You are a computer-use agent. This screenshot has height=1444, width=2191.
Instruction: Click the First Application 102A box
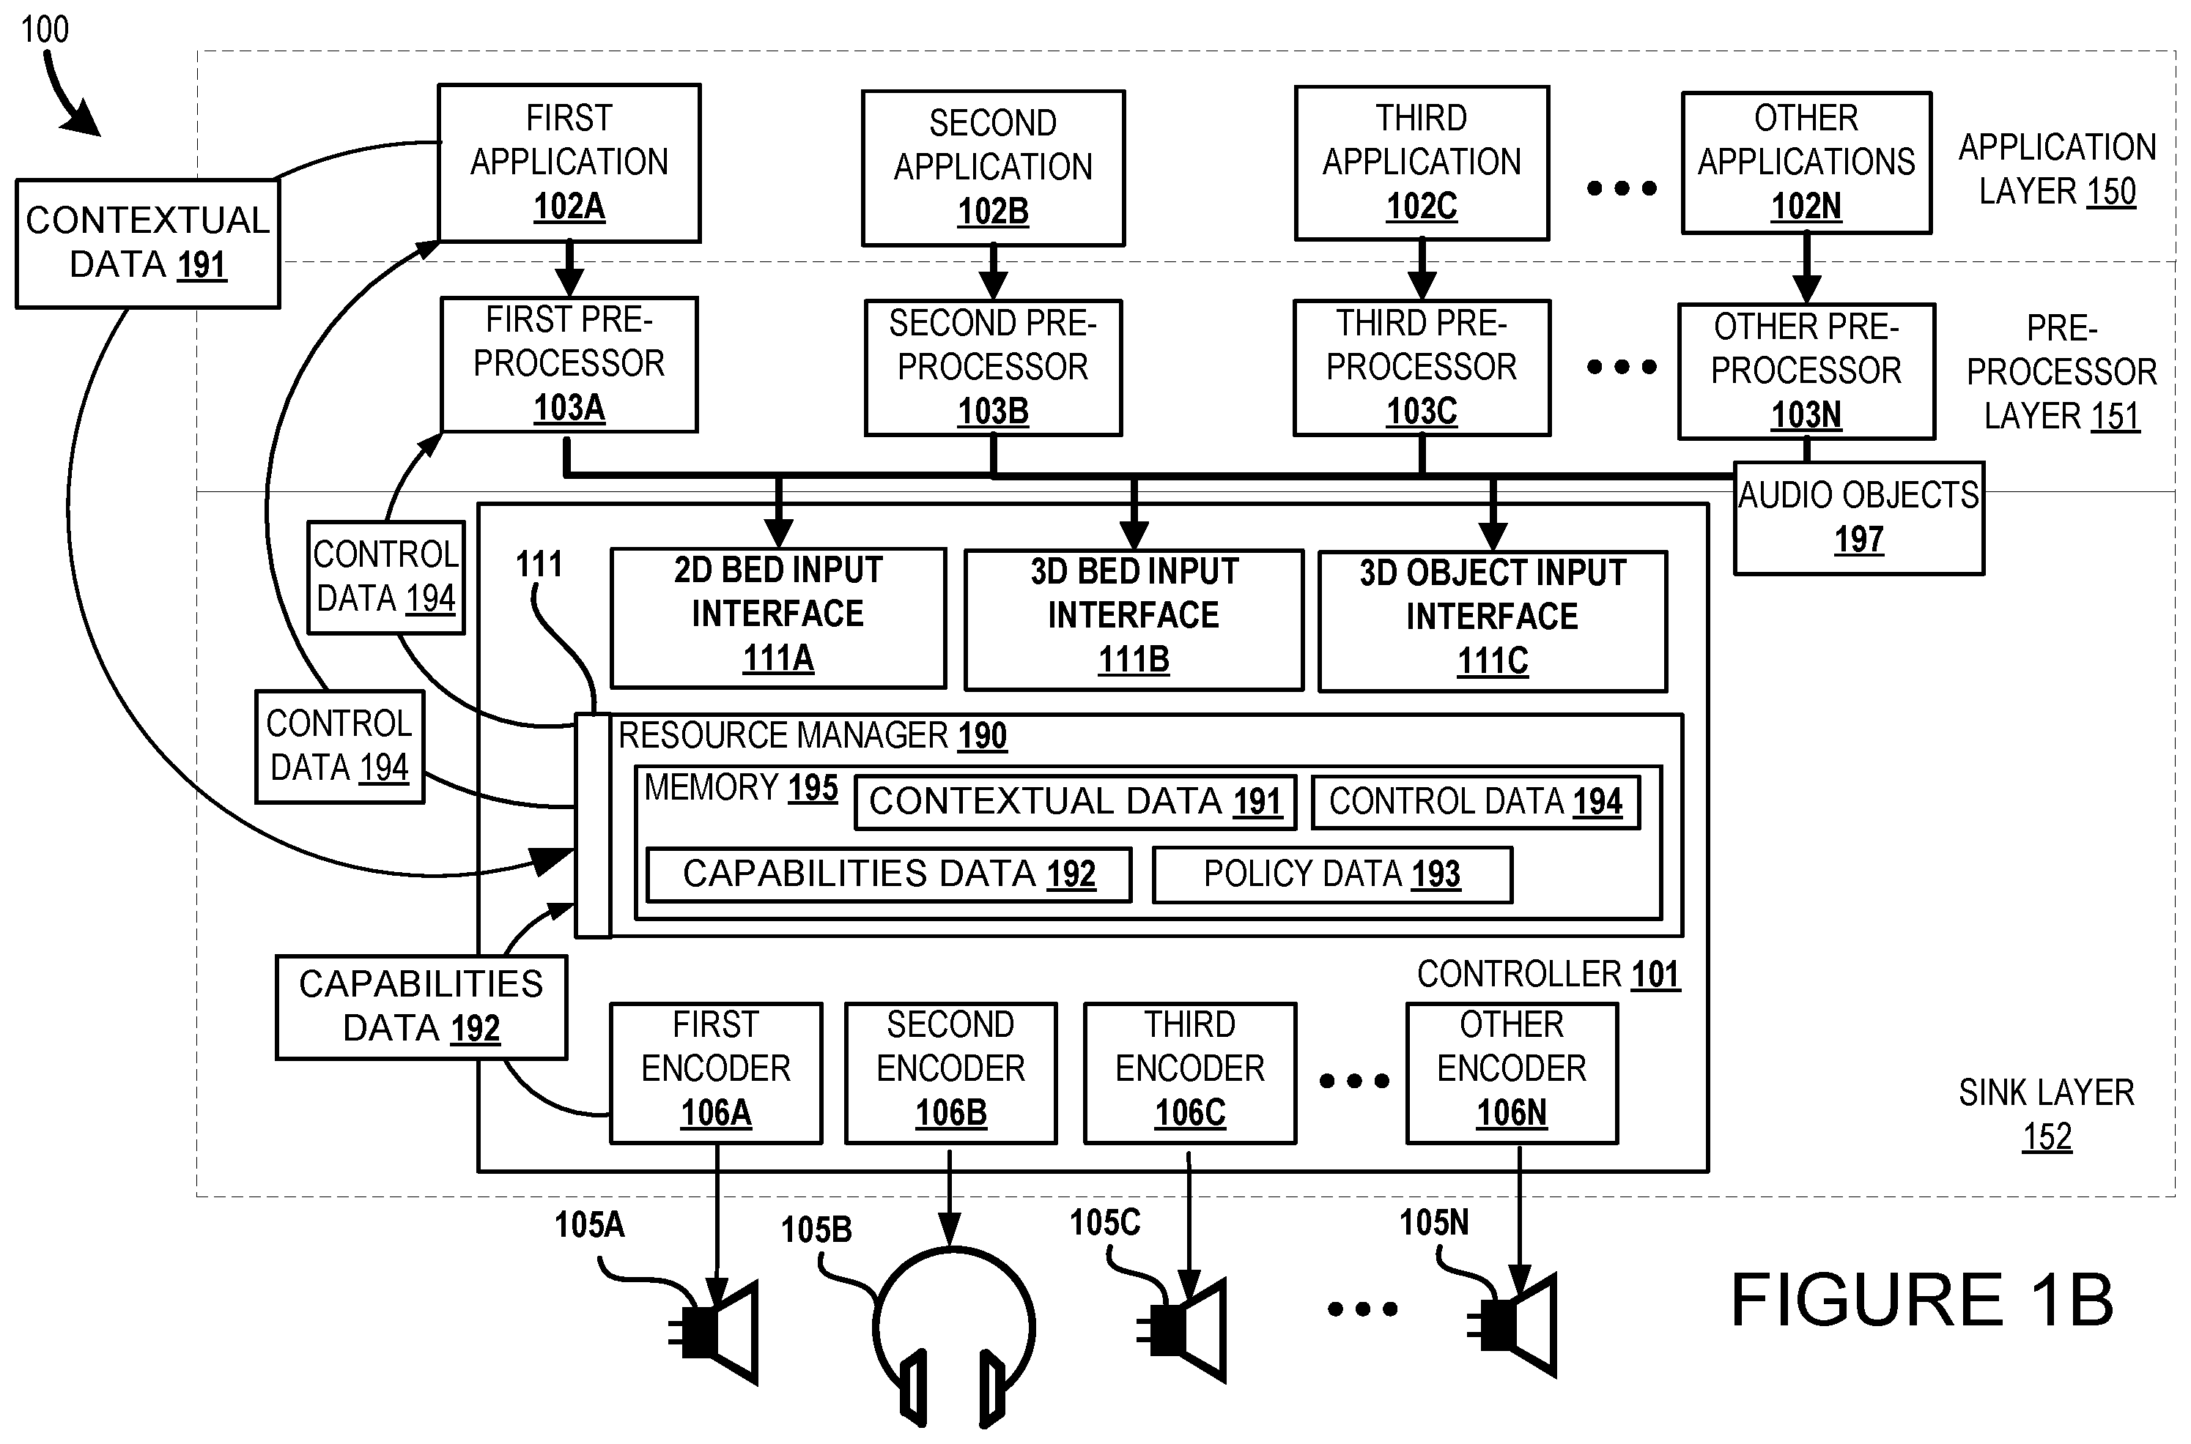coord(569,163)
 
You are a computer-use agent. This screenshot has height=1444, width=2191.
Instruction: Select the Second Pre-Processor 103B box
coord(992,368)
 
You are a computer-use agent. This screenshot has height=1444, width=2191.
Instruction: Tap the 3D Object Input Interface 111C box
coord(1492,619)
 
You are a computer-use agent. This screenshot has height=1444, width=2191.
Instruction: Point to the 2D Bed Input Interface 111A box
coord(777,617)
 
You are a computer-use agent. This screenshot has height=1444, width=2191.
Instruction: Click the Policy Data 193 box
coord(1331,874)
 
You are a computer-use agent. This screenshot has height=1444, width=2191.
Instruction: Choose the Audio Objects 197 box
coord(1858,518)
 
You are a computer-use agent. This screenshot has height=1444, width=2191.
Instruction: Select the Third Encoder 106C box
coord(1189,1072)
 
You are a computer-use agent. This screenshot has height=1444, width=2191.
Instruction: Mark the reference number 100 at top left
coord(44,31)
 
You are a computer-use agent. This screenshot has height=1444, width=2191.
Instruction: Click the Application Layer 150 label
coord(2056,169)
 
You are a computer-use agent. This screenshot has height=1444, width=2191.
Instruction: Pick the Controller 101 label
coord(1548,975)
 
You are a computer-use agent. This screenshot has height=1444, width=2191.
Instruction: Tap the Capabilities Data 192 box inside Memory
coord(888,874)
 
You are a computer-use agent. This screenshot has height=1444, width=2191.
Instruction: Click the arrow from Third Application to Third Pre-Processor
coord(1422,269)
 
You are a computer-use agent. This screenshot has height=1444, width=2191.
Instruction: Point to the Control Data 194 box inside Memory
coord(1474,802)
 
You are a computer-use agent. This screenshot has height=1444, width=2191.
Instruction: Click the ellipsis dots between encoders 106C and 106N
coord(1353,1081)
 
